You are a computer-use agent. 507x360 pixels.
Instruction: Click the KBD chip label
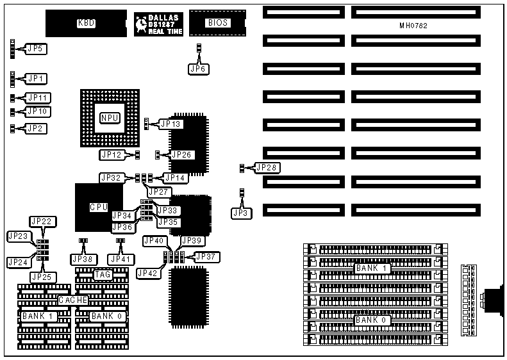[x=86, y=23]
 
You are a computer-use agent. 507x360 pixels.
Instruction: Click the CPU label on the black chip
[x=98, y=207]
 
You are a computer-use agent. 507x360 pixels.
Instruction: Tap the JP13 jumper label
[x=171, y=124]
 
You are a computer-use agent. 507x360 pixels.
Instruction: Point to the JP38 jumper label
[x=83, y=259]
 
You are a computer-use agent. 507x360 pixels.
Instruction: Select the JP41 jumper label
[x=120, y=259]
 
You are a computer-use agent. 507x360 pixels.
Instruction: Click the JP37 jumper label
[x=206, y=256]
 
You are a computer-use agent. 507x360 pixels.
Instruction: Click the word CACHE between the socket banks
[x=72, y=300]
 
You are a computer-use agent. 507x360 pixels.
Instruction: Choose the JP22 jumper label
[x=42, y=221]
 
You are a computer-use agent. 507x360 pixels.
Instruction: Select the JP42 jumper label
[x=147, y=273]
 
